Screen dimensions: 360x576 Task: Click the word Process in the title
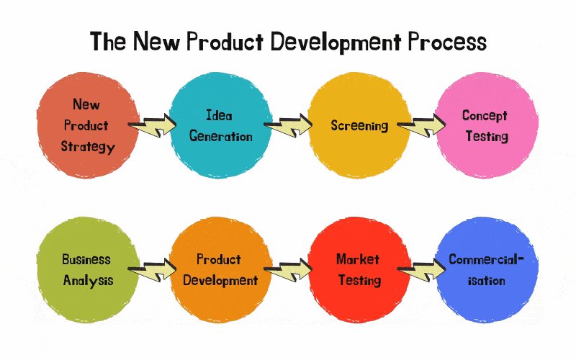tap(447, 42)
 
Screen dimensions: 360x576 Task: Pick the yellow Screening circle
tap(359, 125)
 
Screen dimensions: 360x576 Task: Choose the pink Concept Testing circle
tap(486, 125)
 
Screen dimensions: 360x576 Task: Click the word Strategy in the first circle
tap(87, 147)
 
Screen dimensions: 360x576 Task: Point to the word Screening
tap(359, 125)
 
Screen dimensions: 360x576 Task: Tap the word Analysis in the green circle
tap(87, 279)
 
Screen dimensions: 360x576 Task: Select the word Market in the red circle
tap(358, 258)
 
